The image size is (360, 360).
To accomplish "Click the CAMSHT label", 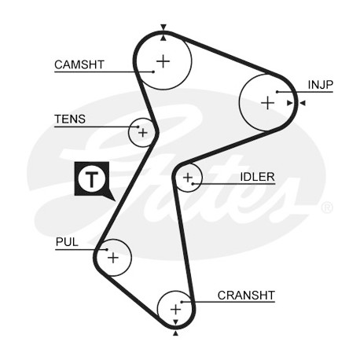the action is [79, 64].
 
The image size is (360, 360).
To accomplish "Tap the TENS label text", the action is [70, 119].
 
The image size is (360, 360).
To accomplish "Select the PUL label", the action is [67, 242].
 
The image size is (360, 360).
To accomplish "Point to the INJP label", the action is [320, 85].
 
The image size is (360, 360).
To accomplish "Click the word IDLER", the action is [257, 177].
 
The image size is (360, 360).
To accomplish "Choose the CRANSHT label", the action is [246, 296].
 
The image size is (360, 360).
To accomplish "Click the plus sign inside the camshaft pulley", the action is [163, 61].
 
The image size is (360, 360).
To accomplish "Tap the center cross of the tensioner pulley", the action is [143, 133].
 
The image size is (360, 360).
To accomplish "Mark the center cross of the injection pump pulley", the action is [268, 103].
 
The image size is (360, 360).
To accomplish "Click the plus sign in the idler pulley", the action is [188, 178].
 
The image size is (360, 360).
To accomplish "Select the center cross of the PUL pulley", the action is [113, 258].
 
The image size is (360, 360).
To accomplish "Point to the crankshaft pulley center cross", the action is [176, 310].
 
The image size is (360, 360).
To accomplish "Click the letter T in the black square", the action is [91, 178].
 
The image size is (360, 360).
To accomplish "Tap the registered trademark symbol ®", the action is [327, 208].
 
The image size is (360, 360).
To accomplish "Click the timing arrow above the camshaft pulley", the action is [163, 27].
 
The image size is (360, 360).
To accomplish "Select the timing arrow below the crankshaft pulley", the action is [176, 333].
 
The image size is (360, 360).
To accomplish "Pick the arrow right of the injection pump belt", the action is [303, 103].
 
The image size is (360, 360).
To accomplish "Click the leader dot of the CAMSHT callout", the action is [153, 72].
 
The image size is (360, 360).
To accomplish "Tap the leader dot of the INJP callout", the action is [277, 92].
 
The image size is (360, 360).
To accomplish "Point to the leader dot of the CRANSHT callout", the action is [182, 302].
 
